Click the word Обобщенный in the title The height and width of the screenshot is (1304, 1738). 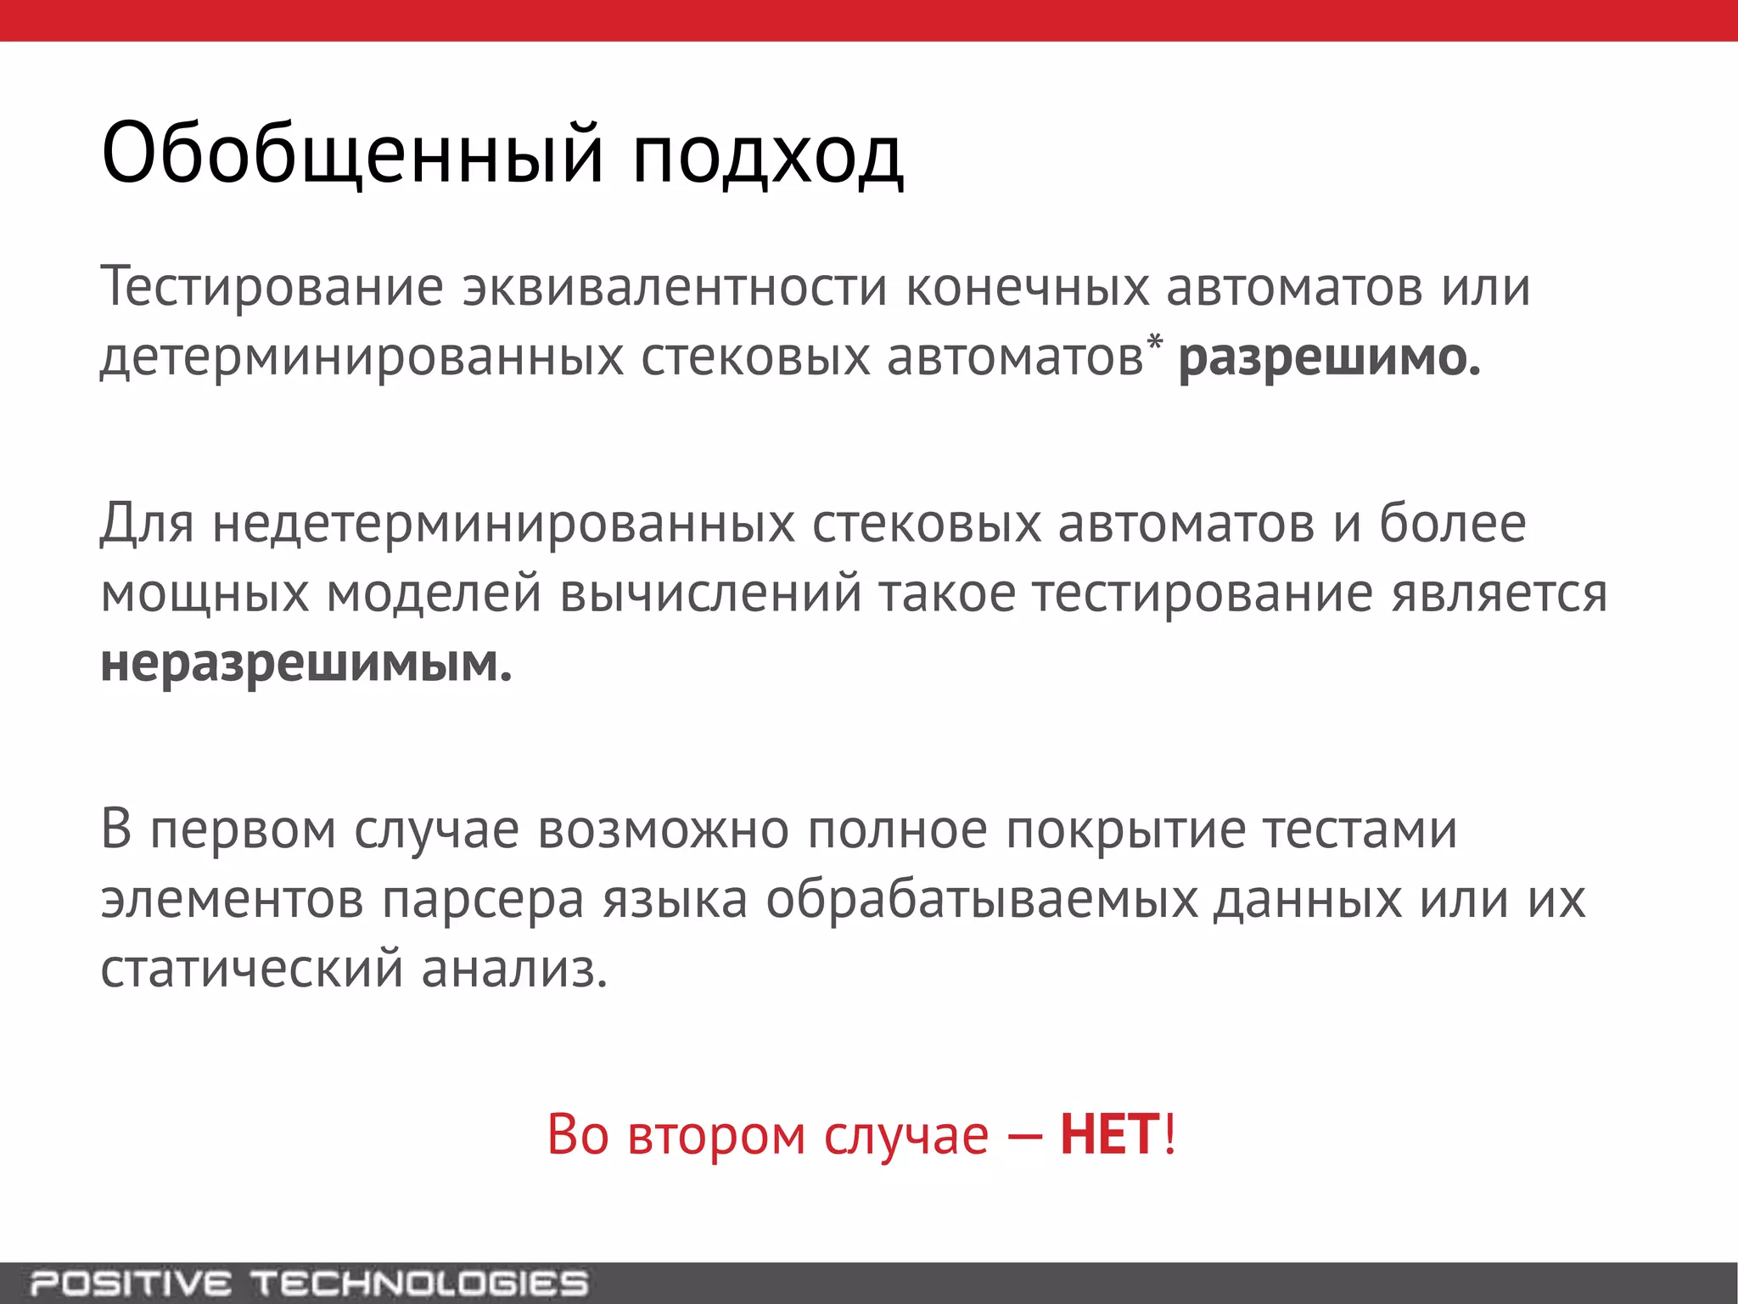coord(353,155)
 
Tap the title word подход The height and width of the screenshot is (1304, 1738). coord(767,158)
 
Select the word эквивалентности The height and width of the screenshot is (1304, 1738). coord(675,287)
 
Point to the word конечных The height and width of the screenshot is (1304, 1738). coord(1028,287)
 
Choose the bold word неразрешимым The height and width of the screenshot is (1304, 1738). coord(306,664)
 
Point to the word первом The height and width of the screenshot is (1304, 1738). coord(243,830)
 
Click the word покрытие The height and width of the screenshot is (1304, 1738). coord(1125,830)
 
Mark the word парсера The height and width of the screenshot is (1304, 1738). coord(483,900)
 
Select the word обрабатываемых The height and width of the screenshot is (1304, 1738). coord(982,900)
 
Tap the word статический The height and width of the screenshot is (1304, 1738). coord(252,970)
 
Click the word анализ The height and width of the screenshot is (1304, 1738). coord(514,970)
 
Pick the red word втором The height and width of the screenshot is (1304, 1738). coord(716,1135)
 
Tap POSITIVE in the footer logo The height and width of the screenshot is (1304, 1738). coord(131,1283)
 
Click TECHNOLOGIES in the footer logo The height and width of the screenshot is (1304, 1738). coord(419,1283)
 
